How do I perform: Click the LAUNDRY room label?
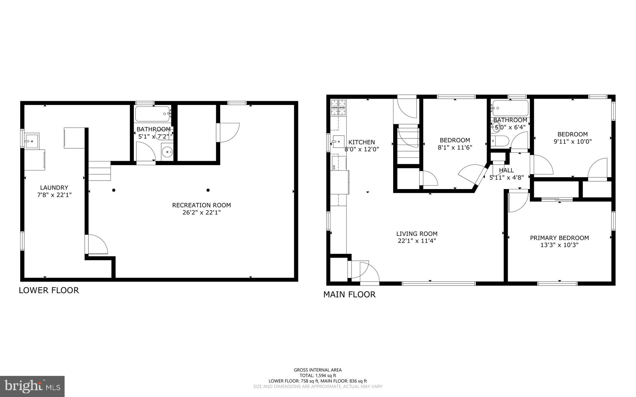coord(54,187)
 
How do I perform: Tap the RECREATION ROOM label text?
coord(202,205)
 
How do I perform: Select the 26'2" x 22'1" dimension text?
coord(202,213)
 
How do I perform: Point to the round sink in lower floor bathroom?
coord(168,152)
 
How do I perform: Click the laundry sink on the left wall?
coord(32,141)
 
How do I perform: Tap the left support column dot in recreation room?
coord(114,190)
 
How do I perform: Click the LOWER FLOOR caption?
coord(49,290)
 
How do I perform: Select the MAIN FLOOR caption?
coord(349,294)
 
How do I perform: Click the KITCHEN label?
coord(361,142)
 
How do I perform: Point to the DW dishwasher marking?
coord(334,167)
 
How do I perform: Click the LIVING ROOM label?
coord(417,234)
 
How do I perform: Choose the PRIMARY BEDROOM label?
coord(559,238)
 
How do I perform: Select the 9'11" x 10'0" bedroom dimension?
coord(573,142)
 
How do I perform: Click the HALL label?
coord(506,170)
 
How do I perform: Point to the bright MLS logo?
coord(32,386)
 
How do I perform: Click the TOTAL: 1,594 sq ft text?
coord(318,375)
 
